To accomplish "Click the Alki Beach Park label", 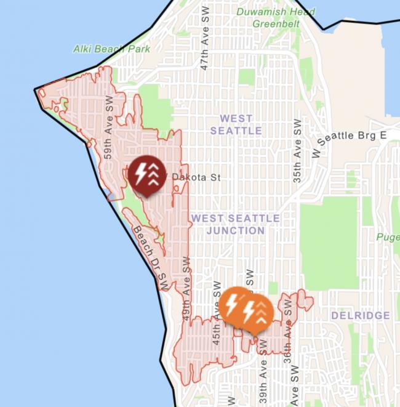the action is tap(111, 49).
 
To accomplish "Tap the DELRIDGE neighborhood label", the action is tap(360, 315).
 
